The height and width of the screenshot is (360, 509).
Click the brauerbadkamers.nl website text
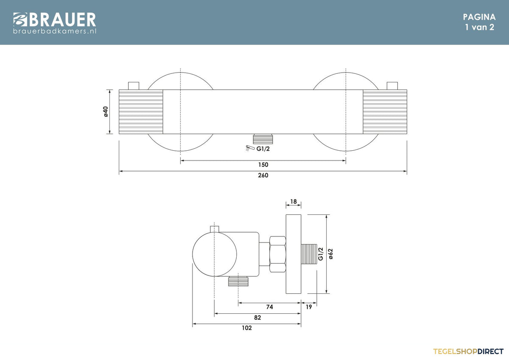(x=55, y=31)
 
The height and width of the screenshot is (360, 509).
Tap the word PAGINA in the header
(x=479, y=17)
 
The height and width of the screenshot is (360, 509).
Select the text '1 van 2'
(x=479, y=27)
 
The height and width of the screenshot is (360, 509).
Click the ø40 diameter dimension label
(x=106, y=111)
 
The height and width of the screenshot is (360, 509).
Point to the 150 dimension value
(x=263, y=165)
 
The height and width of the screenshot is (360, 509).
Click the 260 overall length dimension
(x=263, y=175)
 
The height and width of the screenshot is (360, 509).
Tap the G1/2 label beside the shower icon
(x=263, y=149)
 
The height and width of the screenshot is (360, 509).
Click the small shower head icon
(x=250, y=148)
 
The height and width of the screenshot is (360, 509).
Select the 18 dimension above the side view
(x=294, y=202)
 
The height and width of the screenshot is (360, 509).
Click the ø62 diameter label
(x=331, y=254)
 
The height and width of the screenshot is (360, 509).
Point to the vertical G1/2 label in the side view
(x=321, y=254)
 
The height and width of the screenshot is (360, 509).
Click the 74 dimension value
(x=269, y=307)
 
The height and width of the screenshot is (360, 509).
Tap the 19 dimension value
(x=309, y=307)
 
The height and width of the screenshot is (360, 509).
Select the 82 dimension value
(x=257, y=318)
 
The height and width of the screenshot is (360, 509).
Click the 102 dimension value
(x=247, y=328)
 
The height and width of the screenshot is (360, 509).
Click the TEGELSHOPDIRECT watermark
(x=468, y=352)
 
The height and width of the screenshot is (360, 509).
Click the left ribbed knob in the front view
(x=141, y=112)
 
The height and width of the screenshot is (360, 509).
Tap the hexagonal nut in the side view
(x=277, y=254)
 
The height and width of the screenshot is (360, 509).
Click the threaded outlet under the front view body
(x=263, y=139)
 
